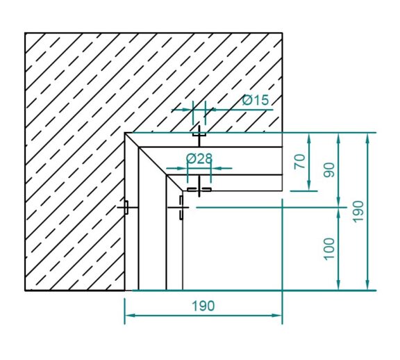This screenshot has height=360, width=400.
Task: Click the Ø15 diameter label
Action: pos(255,101)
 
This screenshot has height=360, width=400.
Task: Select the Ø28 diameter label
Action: pos(199,158)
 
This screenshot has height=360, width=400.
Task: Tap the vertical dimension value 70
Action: pos(300,161)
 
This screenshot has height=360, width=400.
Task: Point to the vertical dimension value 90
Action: pos(329,170)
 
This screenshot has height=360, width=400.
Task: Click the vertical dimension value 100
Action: pos(329,248)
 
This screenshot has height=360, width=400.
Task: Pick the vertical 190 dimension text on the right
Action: pos(358,211)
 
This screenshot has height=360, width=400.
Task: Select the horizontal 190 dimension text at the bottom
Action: pos(202,306)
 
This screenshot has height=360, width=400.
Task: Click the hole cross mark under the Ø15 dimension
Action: pos(199,132)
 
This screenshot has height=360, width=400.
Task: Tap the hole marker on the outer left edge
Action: pos(126,207)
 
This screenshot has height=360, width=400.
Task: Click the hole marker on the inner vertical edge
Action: pos(181,206)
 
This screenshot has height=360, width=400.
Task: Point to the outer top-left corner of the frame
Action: pos(125,132)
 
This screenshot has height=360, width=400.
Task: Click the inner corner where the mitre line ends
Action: pos(182,190)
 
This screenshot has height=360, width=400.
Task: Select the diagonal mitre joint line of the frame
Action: pos(153,161)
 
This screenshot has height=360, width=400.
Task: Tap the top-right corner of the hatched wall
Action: pos(282,33)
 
